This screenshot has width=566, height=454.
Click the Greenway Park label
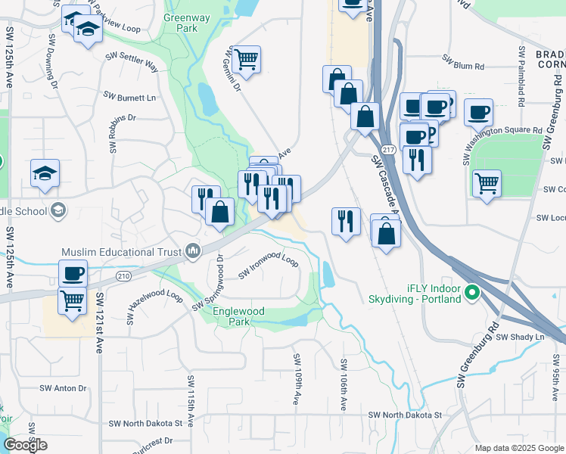(x=181, y=21)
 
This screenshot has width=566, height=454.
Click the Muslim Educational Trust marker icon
(x=194, y=250)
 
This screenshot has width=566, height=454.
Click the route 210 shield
(x=123, y=276)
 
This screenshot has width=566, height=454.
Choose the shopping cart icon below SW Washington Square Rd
(x=487, y=183)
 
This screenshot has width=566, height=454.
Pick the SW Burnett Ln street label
(x=129, y=98)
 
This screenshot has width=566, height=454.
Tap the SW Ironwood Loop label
(x=269, y=266)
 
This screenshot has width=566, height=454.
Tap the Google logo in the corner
(x=25, y=445)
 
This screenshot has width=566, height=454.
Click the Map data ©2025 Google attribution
(x=518, y=448)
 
